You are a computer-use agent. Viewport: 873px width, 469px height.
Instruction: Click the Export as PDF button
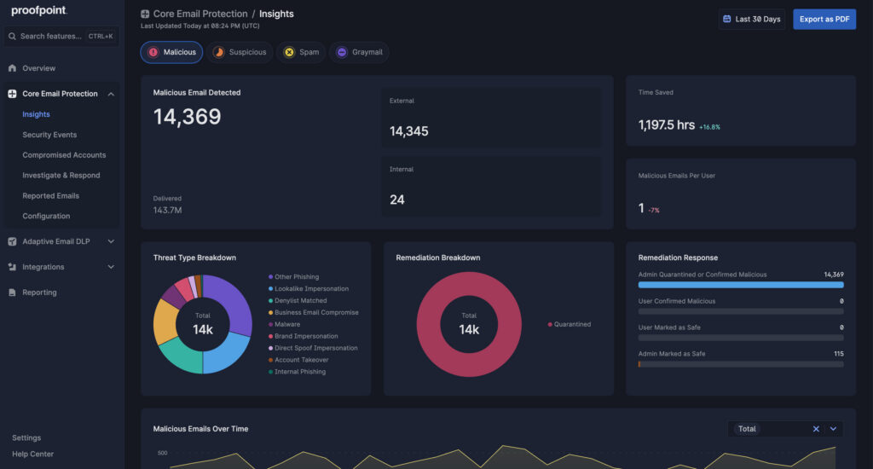[x=824, y=19]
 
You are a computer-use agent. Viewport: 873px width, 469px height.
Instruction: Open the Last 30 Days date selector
[x=751, y=19]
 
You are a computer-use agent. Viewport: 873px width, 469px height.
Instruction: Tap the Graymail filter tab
[x=360, y=52]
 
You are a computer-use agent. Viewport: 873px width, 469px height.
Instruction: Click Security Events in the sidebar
[x=49, y=135]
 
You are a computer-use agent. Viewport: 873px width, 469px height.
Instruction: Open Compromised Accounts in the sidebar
[x=64, y=155]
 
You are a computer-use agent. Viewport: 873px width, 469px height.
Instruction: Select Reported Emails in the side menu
[x=50, y=196]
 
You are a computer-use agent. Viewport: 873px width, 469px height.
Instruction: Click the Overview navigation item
[x=38, y=68]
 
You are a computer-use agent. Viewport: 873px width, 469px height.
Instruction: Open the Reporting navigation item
[x=39, y=292]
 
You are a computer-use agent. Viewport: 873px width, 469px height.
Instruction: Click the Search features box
[x=51, y=37]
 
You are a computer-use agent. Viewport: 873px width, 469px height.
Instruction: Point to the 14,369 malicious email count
[x=187, y=118]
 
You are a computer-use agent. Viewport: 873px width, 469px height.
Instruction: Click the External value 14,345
[x=409, y=131]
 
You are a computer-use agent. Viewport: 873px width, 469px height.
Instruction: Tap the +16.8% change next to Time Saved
[x=709, y=127]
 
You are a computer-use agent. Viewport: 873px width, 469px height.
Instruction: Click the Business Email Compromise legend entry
[x=316, y=313]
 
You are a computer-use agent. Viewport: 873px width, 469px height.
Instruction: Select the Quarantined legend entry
[x=571, y=324]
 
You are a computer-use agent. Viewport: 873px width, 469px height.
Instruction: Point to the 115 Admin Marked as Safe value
[x=838, y=354]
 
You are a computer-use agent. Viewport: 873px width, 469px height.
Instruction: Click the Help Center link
[x=32, y=454]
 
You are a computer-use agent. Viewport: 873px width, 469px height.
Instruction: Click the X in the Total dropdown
[x=816, y=429]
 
